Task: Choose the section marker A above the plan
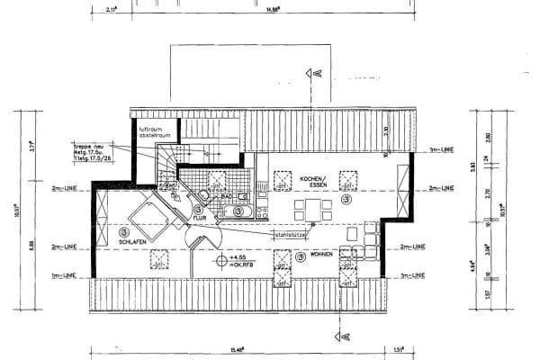coord(316,72)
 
